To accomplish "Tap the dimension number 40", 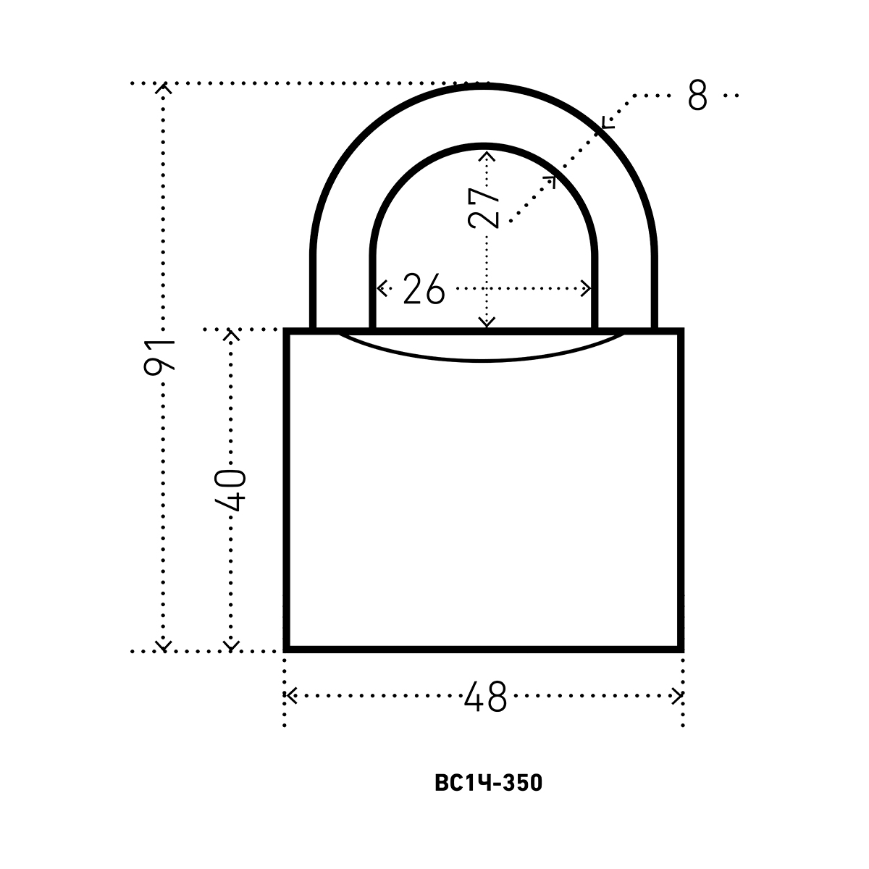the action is tap(230, 490).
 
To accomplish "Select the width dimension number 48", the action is tap(486, 697).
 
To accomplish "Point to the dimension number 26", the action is tap(424, 289).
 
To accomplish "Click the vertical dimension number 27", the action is tap(484, 208).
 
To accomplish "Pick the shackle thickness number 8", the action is tap(697, 95).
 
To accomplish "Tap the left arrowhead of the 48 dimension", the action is tap(290, 695).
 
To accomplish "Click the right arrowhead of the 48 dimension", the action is tap(677, 695).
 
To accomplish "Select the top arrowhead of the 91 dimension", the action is tap(164, 88).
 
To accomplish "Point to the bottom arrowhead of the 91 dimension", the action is tap(164, 645).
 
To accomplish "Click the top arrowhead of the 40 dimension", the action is tap(231, 335).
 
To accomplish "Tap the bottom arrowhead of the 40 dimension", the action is tap(231, 645).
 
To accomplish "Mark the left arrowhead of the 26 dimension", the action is tap(382, 288).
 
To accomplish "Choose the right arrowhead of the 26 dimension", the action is tap(585, 288).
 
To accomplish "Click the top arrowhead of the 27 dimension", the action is tap(487, 156).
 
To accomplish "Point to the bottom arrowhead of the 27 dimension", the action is tap(487, 322).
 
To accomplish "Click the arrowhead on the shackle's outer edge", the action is tap(608, 122).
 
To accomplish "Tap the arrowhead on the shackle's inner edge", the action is tap(550, 182).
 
